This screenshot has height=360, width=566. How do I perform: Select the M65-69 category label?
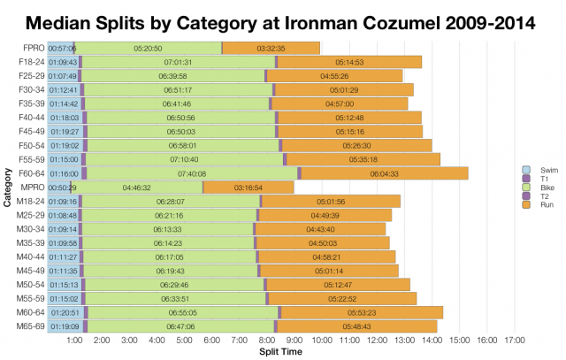tap(28, 326)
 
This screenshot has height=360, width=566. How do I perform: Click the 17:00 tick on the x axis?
tap(515, 340)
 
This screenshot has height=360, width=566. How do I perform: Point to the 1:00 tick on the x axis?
tap(75, 340)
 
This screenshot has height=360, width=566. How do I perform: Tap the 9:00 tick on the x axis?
tap(295, 340)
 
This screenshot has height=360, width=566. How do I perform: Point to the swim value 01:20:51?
tap(65, 312)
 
